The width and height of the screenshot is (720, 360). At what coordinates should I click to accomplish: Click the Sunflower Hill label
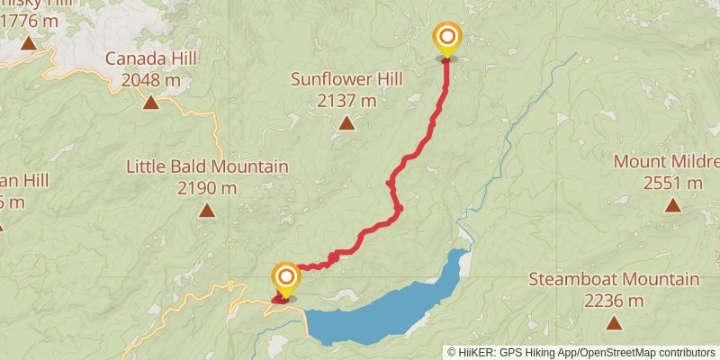(346, 79)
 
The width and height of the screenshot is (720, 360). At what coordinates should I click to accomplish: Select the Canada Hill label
(150, 58)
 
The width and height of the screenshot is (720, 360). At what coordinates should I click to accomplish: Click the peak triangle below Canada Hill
(150, 102)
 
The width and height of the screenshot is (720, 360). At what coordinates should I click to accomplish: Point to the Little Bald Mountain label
(207, 166)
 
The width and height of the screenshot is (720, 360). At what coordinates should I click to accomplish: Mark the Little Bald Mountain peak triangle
(207, 211)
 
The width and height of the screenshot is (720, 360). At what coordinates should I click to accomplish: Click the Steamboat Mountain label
(614, 279)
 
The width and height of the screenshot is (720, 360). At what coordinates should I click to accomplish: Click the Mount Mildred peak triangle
(672, 205)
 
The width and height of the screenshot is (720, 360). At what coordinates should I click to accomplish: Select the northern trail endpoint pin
(446, 40)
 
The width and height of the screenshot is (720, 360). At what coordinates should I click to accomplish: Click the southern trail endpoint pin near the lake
(285, 279)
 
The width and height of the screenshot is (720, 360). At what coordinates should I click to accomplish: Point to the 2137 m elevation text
(346, 101)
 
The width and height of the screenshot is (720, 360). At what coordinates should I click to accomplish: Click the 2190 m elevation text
(207, 188)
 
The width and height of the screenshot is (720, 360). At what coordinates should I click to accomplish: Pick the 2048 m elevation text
(150, 80)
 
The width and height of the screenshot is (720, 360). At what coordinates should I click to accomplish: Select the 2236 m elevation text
(614, 301)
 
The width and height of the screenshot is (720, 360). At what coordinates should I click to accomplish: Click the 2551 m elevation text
(672, 184)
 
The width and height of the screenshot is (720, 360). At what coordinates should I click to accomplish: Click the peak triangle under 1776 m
(28, 43)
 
